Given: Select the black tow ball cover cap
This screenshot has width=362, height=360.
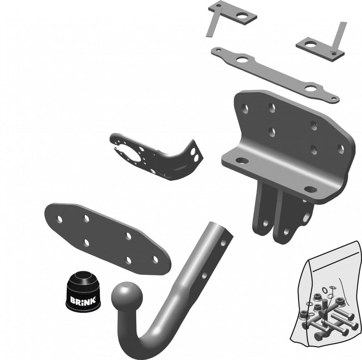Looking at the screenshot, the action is click(83, 292).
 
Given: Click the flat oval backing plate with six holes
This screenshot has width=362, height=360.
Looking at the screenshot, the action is click(107, 239).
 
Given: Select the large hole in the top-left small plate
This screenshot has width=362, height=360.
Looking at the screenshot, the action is click(242, 16).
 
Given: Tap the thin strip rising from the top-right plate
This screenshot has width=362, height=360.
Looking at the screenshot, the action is click(339, 37).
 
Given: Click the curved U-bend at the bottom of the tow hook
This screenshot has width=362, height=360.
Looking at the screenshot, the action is click(136, 340).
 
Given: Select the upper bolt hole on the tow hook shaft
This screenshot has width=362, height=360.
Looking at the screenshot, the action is click(223, 243).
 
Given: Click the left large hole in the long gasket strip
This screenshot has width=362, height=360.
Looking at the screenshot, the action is click(242, 60).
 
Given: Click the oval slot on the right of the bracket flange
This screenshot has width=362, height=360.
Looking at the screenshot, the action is click(310, 189).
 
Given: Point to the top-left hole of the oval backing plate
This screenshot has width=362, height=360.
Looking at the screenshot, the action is click(60, 219).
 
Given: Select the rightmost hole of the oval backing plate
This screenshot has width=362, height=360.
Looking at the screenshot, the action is click(155, 260).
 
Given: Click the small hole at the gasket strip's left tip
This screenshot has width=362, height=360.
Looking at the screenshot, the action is click(218, 49).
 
